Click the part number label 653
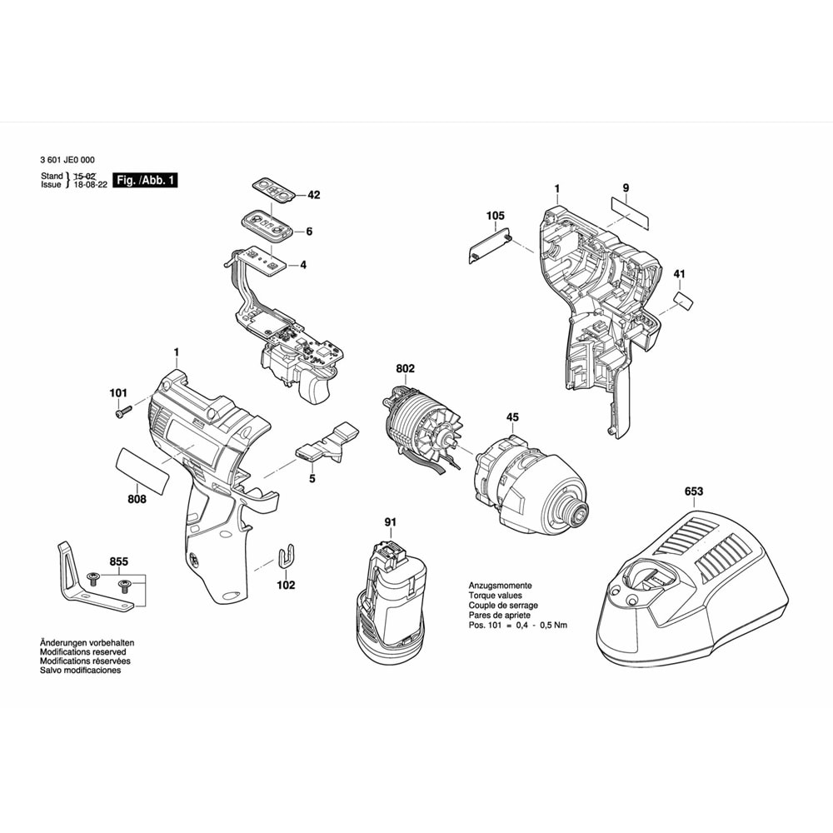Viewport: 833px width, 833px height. pos(694,491)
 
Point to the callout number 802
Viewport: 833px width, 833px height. pos(406,369)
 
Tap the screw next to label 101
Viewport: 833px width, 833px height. pos(123,411)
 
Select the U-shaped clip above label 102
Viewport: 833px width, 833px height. pos(285,556)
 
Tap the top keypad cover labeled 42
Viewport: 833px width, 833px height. pos(273,189)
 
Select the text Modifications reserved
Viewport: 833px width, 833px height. pos(82,652)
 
